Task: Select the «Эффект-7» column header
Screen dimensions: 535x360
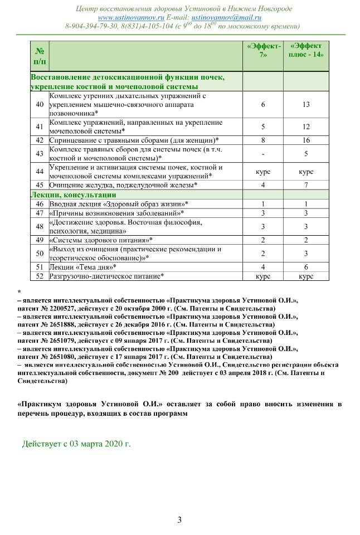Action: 262,51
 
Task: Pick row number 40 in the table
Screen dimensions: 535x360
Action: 39,105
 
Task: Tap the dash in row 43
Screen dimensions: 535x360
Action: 262,154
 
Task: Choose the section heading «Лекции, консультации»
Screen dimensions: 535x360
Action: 73,194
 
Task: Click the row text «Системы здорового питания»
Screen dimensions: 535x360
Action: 101,240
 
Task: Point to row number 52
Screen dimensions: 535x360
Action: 39,276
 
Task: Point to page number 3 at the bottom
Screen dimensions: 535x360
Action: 179,520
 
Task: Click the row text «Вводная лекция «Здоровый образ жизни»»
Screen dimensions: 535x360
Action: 119,204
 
